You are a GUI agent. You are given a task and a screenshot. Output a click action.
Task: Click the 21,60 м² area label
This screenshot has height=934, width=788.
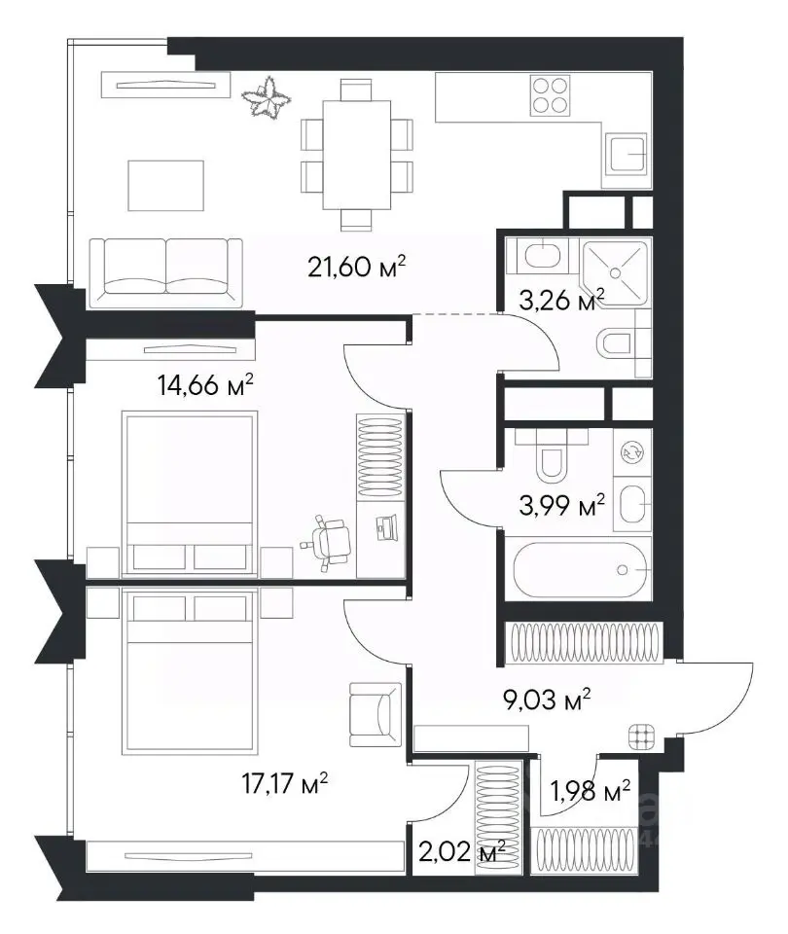(x=357, y=266)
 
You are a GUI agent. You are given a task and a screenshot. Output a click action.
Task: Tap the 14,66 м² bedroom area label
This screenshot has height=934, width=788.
(x=205, y=384)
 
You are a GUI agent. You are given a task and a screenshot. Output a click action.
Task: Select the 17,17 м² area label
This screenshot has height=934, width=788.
(x=285, y=782)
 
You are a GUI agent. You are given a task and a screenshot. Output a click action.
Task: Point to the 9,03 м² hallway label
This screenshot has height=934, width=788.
(x=547, y=699)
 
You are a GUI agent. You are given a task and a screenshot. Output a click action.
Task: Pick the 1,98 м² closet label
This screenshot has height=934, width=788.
(x=591, y=792)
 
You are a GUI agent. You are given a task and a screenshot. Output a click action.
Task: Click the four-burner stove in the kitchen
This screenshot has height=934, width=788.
(x=550, y=95)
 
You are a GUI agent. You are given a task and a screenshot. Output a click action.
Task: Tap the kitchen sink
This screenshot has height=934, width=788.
(x=626, y=154)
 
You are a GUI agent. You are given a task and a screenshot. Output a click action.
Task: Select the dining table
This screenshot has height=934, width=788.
(x=357, y=155)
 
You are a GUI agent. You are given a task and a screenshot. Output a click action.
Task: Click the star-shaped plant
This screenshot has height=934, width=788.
(x=267, y=98)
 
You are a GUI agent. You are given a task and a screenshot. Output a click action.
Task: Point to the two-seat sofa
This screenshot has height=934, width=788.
(x=165, y=272)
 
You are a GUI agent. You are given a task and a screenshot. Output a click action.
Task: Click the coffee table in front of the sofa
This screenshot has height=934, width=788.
(x=165, y=185)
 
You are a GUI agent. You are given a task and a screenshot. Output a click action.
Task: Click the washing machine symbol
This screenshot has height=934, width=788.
(x=632, y=451)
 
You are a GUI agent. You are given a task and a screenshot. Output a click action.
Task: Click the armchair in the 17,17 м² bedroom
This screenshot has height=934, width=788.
(x=375, y=715)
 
